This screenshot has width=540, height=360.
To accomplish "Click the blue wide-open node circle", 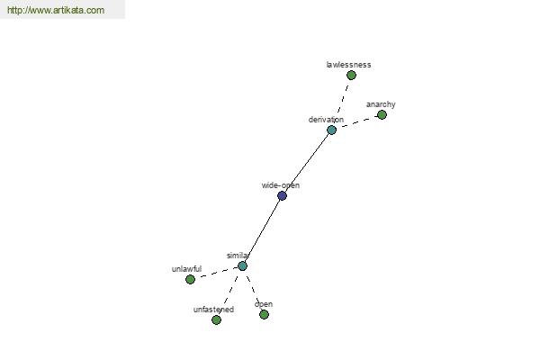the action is pyautogui.click(x=282, y=195).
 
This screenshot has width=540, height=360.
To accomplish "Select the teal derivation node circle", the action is pyautogui.click(x=331, y=130).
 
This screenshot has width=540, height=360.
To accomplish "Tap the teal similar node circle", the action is pyautogui.click(x=242, y=266).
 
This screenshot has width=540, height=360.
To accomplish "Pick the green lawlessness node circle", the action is pyautogui.click(x=351, y=75).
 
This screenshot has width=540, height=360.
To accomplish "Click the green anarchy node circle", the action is pyautogui.click(x=382, y=114).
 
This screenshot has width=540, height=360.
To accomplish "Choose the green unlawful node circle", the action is pyautogui.click(x=190, y=279).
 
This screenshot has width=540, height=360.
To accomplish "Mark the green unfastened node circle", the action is pyautogui.click(x=216, y=320).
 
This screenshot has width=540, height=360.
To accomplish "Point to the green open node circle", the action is pyautogui.click(x=264, y=314).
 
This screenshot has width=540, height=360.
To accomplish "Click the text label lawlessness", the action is pyautogui.click(x=348, y=65).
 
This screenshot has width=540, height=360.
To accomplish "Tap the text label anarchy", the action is pyautogui.click(x=381, y=104).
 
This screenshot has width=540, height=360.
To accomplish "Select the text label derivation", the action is pyautogui.click(x=326, y=120).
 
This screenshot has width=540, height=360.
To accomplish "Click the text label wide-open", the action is pyautogui.click(x=281, y=185).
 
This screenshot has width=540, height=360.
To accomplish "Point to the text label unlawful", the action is pyautogui.click(x=186, y=269).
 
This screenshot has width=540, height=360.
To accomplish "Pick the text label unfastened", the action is pyautogui.click(x=213, y=310).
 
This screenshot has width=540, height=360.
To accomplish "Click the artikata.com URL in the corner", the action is pyautogui.click(x=56, y=10).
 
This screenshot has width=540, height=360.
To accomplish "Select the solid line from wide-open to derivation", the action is pyautogui.click(x=307, y=163).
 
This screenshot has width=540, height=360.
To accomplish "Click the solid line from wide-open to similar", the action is pyautogui.click(x=263, y=230).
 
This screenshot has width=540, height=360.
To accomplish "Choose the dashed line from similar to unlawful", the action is pyautogui.click(x=216, y=273).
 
